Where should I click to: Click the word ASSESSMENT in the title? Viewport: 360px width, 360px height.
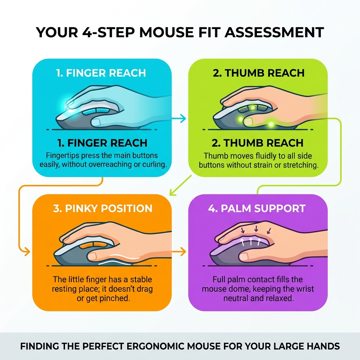(274, 32)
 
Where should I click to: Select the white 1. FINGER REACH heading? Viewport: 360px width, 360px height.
(101, 73)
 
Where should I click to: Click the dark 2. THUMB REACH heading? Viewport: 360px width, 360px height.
(258, 143)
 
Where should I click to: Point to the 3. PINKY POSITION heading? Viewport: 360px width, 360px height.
(103, 208)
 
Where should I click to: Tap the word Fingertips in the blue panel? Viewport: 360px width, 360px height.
(63, 155)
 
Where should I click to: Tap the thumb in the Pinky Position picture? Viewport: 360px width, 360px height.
(95, 256)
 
